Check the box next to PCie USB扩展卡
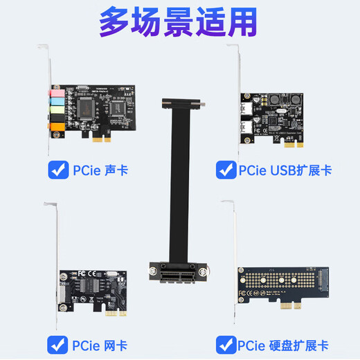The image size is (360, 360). click(226, 169)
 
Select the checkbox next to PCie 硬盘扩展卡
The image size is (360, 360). click(226, 343)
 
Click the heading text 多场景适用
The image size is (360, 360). click(178, 23)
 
